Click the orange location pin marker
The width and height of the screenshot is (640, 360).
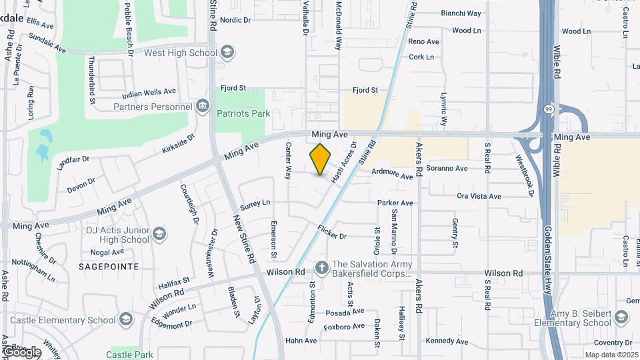click(321, 159)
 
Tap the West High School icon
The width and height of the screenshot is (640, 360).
click(227, 53)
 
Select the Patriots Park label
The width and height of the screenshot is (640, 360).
click(244, 113)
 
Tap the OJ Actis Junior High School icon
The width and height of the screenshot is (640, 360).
click(159, 233)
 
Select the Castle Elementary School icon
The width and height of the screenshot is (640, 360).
click(126, 321)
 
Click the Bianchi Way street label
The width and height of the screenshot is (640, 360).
click(461, 13)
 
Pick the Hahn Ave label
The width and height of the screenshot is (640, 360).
click(301, 341)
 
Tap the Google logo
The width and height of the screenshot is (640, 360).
click(21, 352)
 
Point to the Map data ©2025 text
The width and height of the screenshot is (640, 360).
click(611, 355)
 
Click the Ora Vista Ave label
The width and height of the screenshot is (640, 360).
click(479, 196)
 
